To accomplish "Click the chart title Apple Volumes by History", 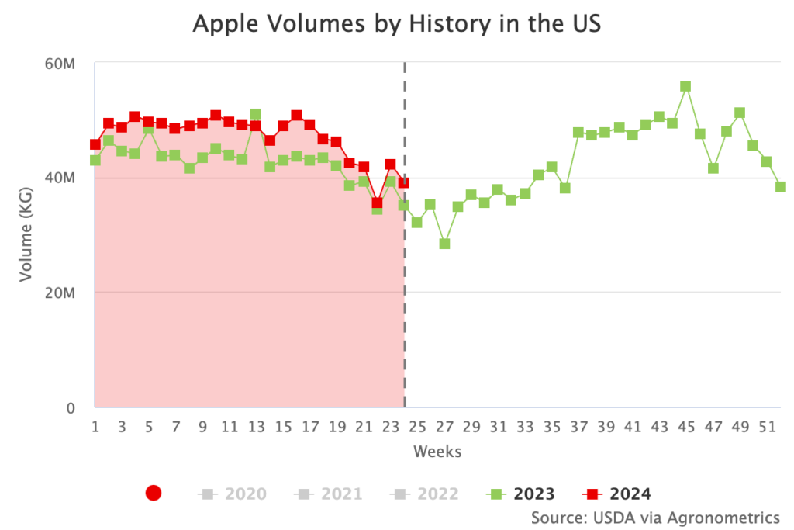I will (396, 23).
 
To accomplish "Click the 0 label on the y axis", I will (69, 407).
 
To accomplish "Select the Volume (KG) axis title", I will (26, 235).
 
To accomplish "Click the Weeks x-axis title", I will (437, 451).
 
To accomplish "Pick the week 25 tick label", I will (418, 426).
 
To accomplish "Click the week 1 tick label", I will (95, 426).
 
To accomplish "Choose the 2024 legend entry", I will (616, 494).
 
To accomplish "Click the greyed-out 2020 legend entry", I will (233, 494).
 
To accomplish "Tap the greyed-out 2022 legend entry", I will (424, 494).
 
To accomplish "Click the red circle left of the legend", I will (154, 494).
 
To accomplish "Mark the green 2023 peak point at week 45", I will (685, 86).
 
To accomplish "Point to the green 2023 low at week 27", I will (444, 244).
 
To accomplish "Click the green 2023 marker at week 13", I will (256, 115).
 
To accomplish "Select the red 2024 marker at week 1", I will (95, 144).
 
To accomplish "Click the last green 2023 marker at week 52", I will (781, 186).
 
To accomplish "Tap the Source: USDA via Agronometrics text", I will (655, 517).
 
